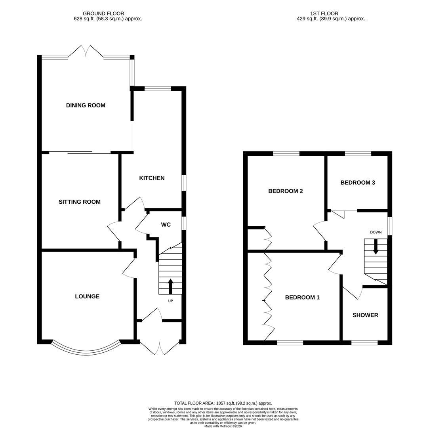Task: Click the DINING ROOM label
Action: pos(86,105)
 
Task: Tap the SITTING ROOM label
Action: pos(80,202)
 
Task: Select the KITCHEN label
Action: pos(152,178)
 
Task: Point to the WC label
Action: pos(166,225)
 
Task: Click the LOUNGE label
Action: pos(87,296)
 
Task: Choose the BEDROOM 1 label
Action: pos(302,297)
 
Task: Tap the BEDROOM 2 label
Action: pos(286,191)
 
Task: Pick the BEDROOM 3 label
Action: pos(358,183)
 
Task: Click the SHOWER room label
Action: pos(365,315)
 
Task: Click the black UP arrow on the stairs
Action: pos(171,286)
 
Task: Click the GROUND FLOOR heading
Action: pos(103,13)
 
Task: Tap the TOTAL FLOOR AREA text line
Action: pos(223,403)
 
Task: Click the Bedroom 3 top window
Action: pos(358,153)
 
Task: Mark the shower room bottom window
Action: pos(364,343)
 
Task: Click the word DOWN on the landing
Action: pos(376,232)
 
